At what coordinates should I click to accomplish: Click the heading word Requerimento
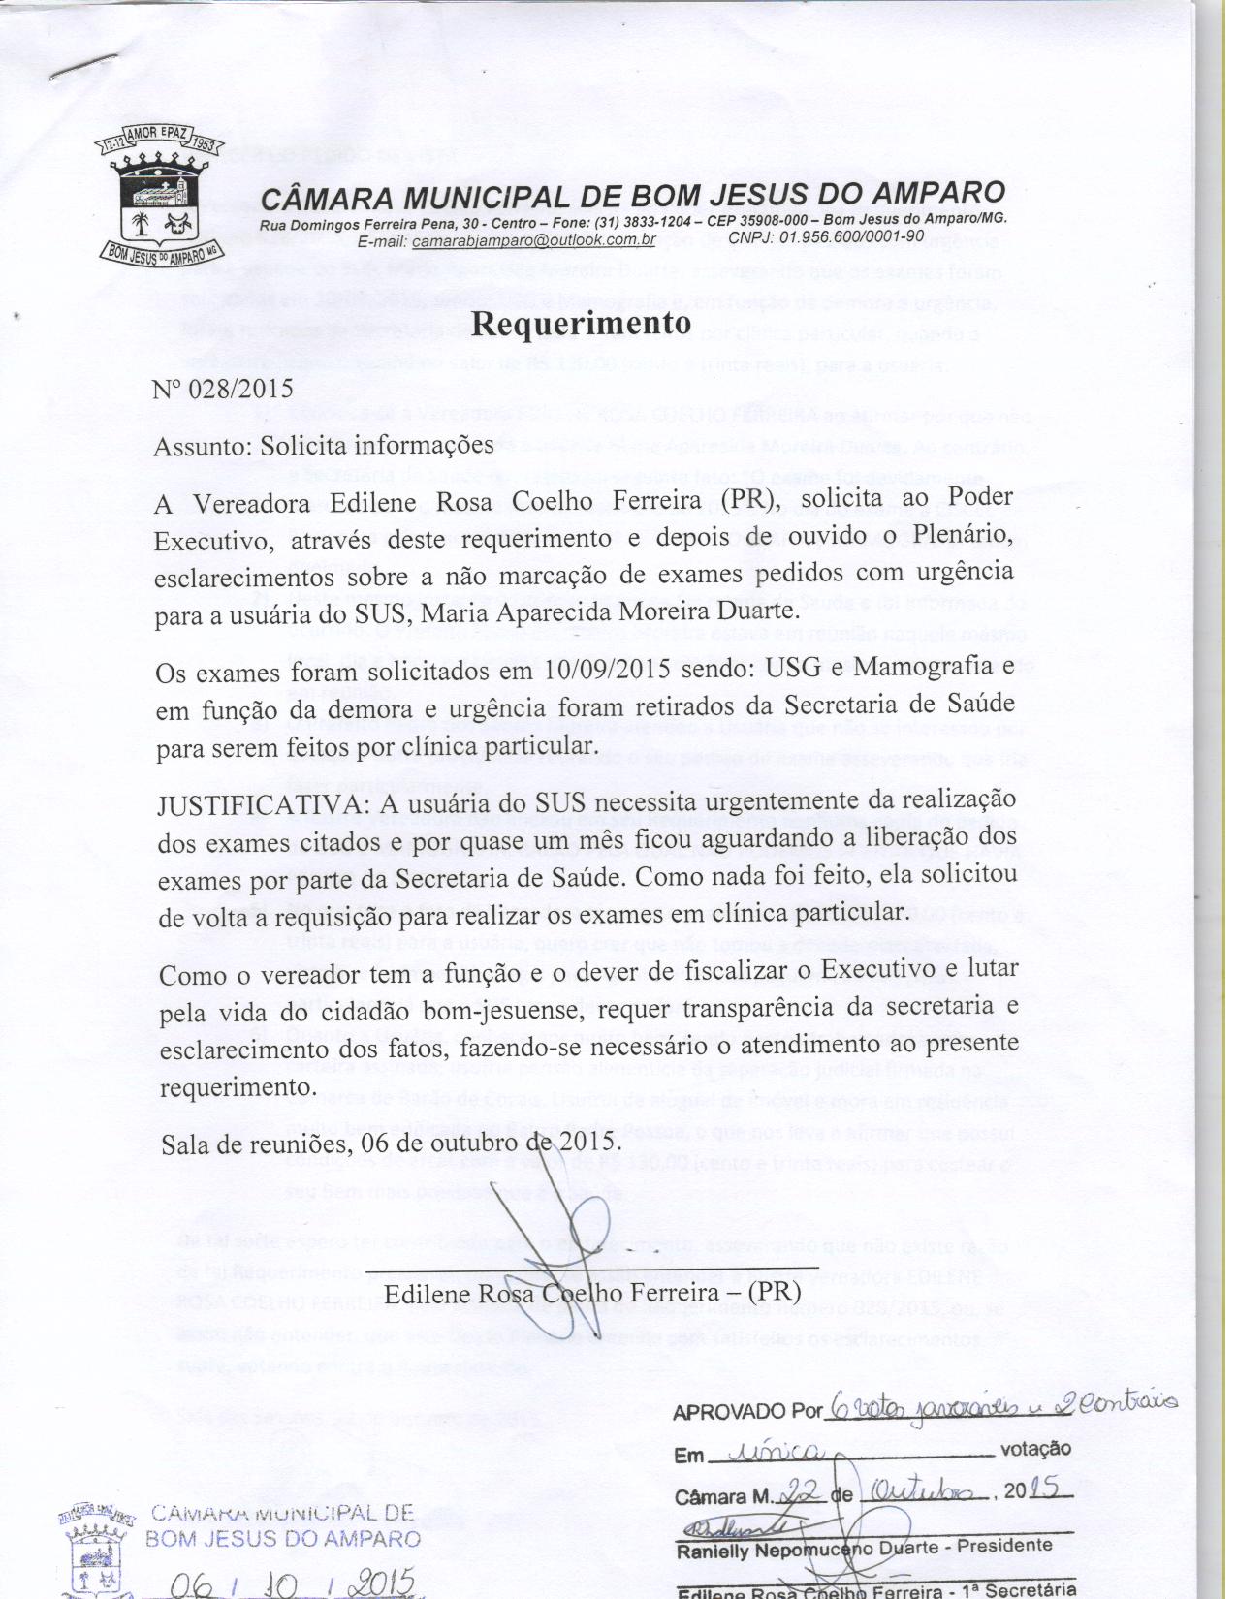click(x=581, y=324)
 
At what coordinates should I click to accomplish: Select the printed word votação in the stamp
click(x=1035, y=1451)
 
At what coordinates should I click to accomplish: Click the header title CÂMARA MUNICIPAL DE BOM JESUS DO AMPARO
click(x=634, y=196)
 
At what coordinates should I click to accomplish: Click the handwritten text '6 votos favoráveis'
click(x=922, y=1411)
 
